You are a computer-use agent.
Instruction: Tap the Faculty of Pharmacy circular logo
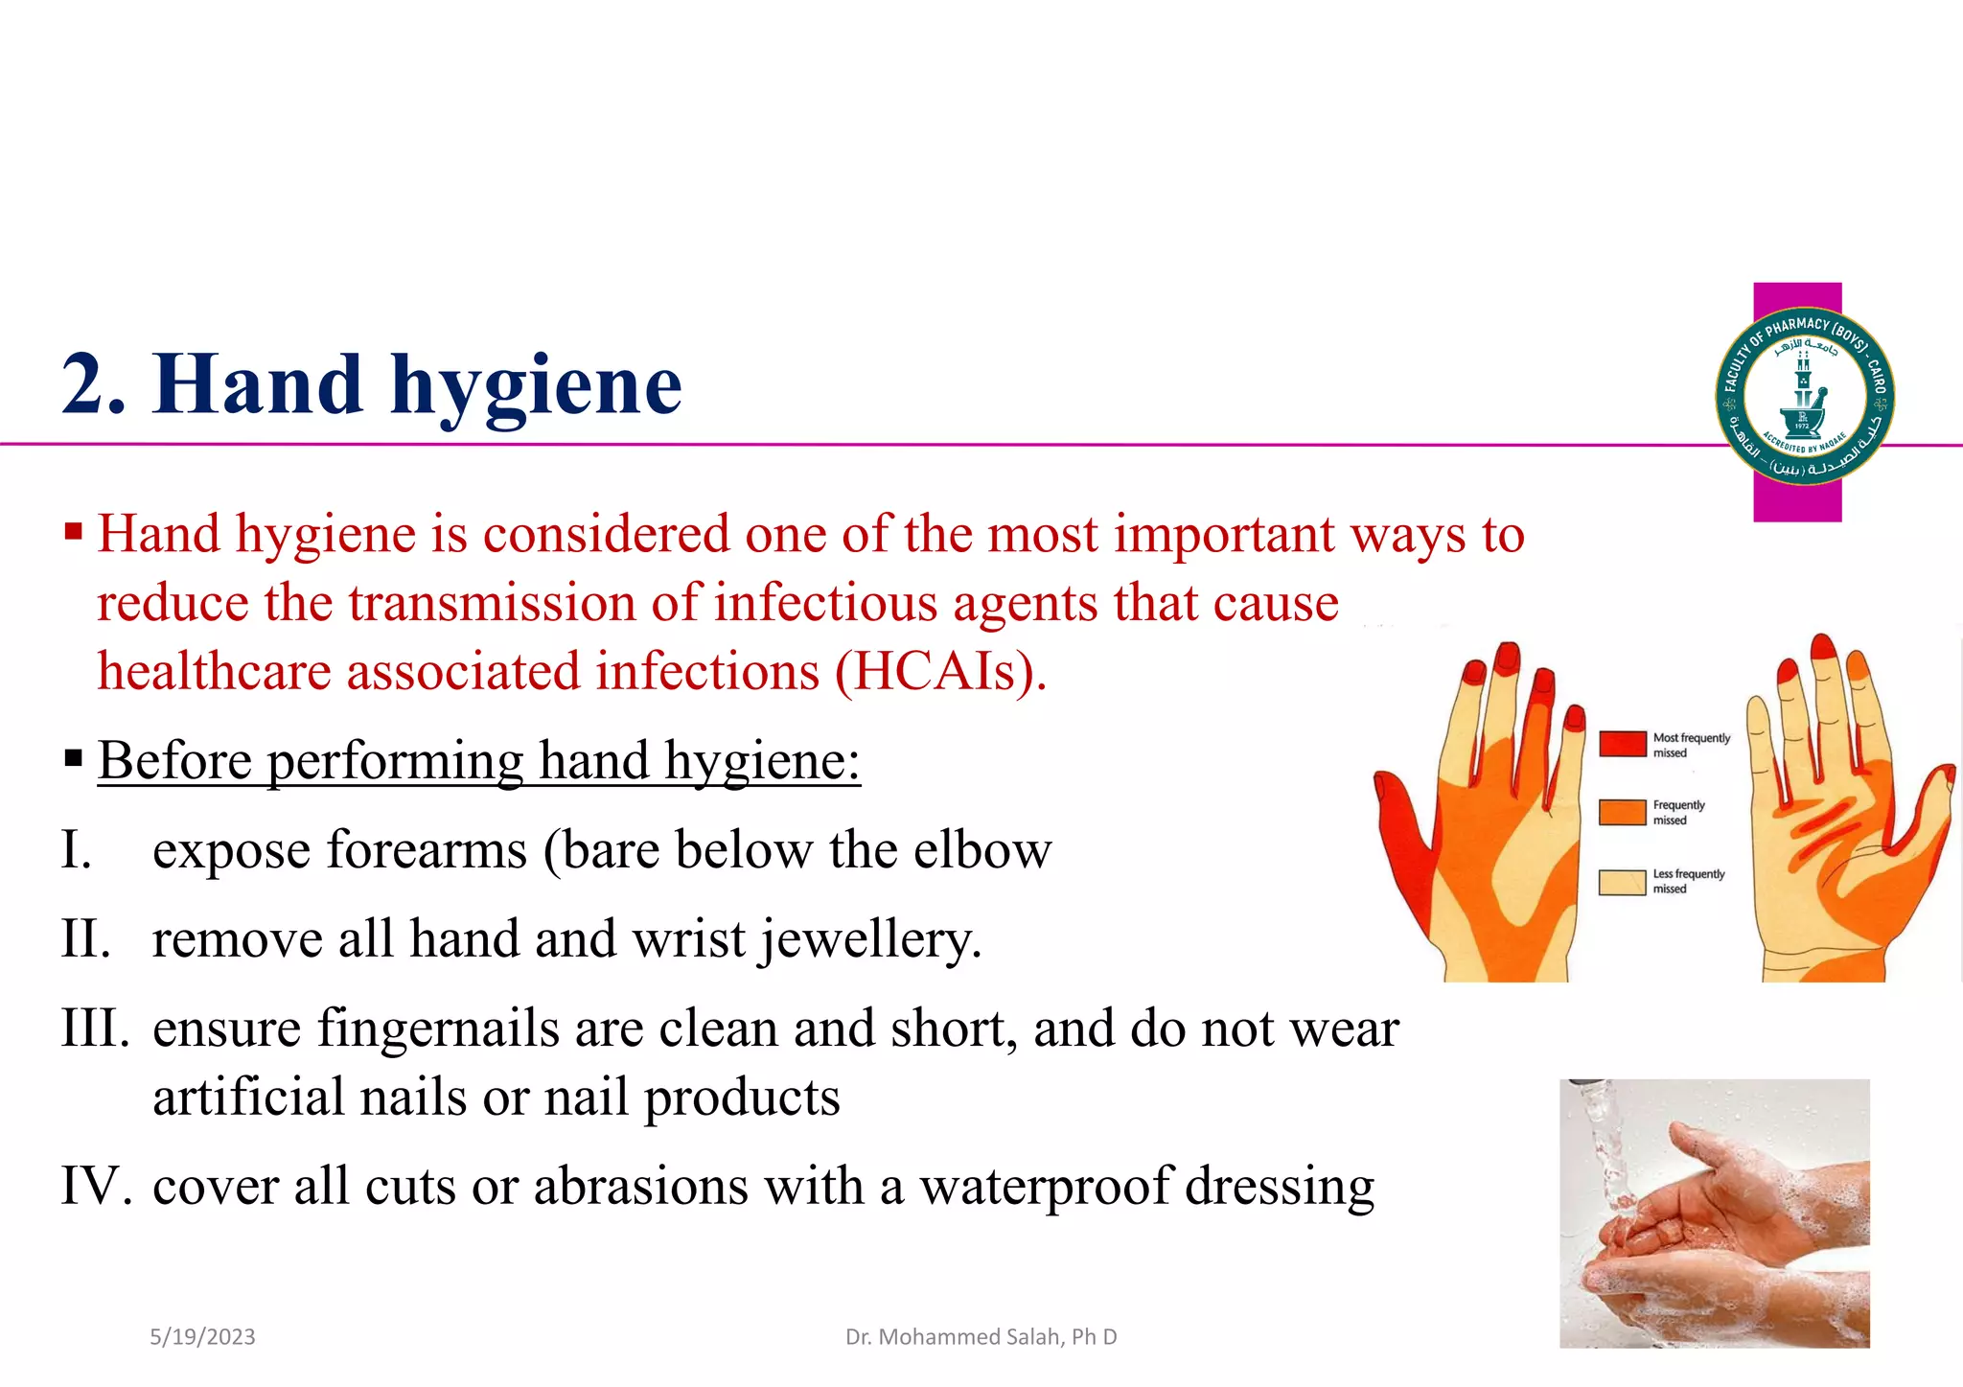(1804, 396)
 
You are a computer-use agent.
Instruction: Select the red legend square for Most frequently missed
(1622, 743)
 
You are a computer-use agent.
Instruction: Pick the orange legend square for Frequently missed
(1622, 811)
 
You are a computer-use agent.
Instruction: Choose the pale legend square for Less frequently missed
(1622, 881)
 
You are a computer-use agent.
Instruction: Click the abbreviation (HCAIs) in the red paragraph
(938, 671)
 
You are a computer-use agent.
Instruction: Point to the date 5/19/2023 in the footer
(202, 1336)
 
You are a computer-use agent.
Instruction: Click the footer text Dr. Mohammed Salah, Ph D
(981, 1336)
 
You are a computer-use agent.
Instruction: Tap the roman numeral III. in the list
(95, 1028)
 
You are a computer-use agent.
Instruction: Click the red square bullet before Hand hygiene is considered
(74, 530)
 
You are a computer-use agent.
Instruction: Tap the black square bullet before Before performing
(74, 759)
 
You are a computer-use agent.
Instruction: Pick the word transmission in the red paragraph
(491, 603)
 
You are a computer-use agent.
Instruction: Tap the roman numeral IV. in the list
(95, 1186)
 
